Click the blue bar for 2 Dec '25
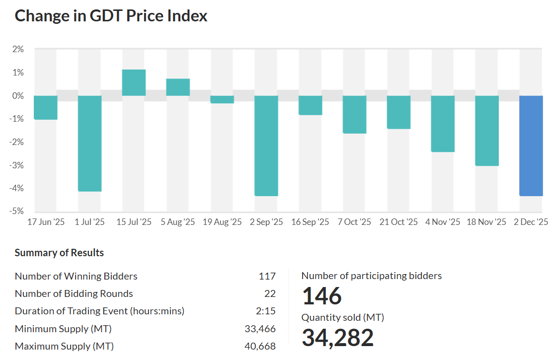tap(531, 145)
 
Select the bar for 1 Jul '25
tap(90, 144)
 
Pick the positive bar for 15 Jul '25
tap(134, 82)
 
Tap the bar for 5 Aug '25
tap(178, 87)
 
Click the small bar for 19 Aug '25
tap(222, 99)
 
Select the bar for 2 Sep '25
tap(266, 145)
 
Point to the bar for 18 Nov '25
tap(487, 131)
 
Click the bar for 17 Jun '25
tap(46, 107)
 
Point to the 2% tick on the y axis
tap(18, 49)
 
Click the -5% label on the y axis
tap(17, 211)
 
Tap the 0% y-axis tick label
tap(18, 95)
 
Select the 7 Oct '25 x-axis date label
tap(354, 222)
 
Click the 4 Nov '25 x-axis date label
tap(443, 222)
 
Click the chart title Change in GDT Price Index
tap(111, 16)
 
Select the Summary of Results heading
tap(59, 253)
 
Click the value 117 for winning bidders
tap(267, 276)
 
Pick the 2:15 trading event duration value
tap(266, 311)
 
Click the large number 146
tap(322, 296)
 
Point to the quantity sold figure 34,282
tap(338, 338)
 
